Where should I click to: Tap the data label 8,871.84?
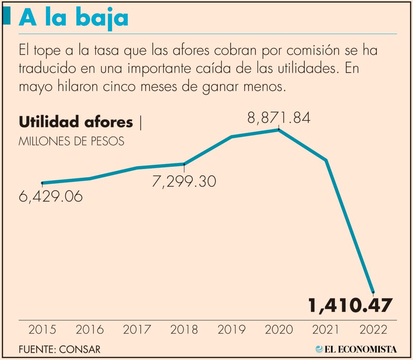click(279, 118)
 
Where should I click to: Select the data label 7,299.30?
click(184, 181)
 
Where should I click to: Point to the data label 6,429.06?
click(51, 197)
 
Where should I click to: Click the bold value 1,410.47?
click(349, 306)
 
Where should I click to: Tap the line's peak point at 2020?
click(279, 130)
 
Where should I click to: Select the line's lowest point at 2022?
click(373, 292)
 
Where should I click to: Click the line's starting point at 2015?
click(42, 183)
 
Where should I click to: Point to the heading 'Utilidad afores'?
click(76, 122)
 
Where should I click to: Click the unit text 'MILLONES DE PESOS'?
click(71, 141)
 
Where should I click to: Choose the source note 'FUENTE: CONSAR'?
click(59, 349)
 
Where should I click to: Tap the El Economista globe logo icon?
click(319, 349)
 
